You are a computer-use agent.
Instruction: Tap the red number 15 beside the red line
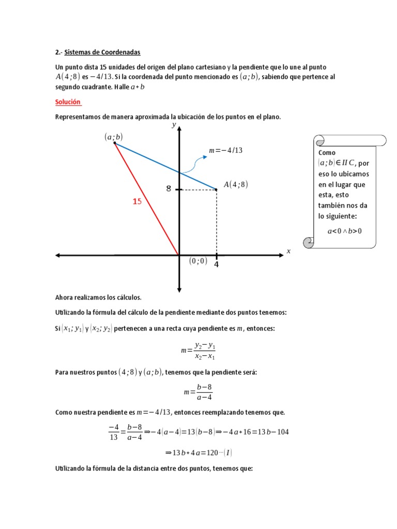coord(137,201)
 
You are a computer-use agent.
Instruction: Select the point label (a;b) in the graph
coord(114,137)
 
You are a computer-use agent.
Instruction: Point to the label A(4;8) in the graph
coord(236,184)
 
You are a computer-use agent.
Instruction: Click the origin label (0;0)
coord(198,261)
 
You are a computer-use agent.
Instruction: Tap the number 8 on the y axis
coord(169,189)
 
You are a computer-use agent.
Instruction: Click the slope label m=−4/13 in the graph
coord(225,150)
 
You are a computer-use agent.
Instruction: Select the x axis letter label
coord(288,251)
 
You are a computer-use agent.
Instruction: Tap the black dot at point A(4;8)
coord(216,190)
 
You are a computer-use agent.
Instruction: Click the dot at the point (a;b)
coord(115,143)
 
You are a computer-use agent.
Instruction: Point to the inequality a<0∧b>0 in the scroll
coord(345,231)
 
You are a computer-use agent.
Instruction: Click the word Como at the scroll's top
coord(327,153)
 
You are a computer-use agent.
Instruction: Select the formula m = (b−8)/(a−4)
coord(198,392)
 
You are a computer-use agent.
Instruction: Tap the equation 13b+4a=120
coord(198,453)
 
